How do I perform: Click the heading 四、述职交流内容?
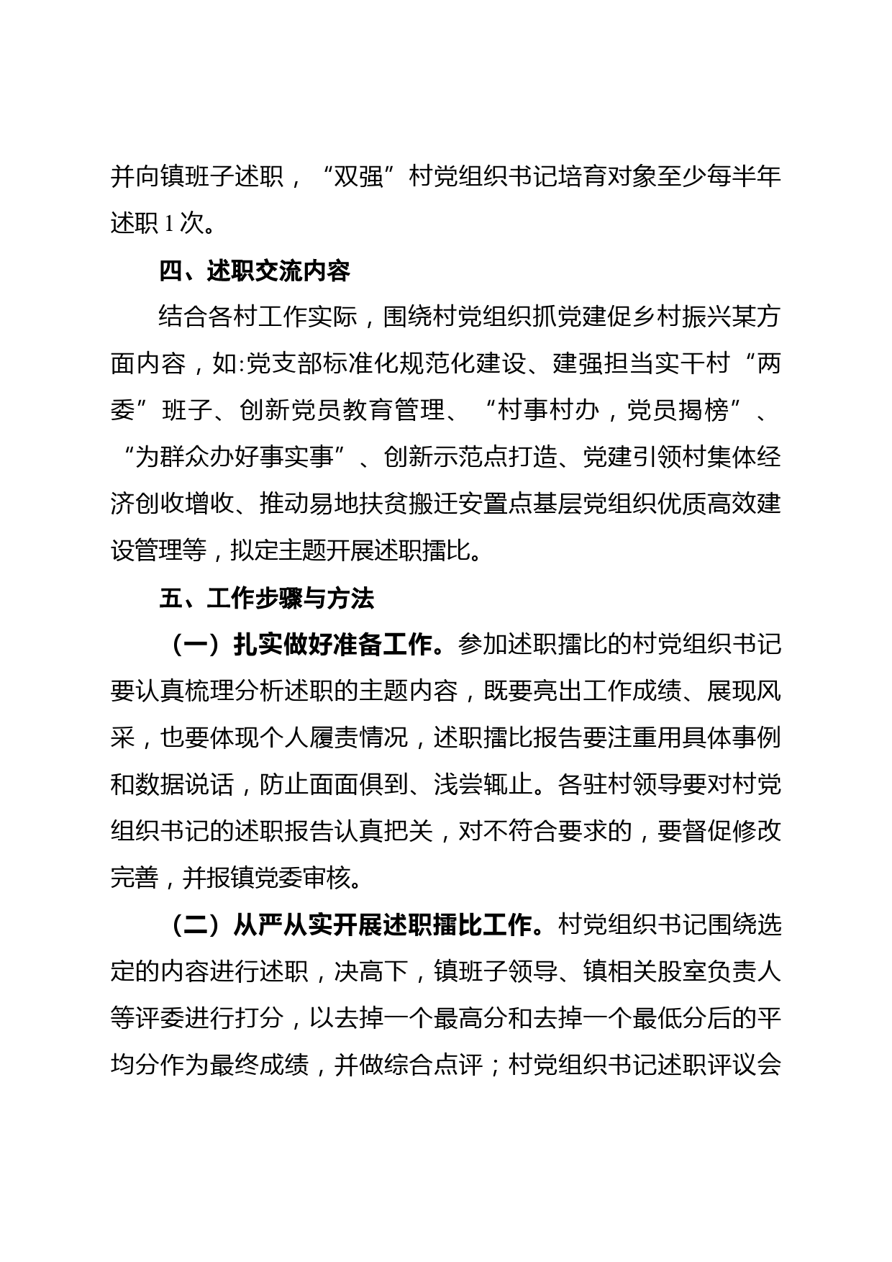click(255, 271)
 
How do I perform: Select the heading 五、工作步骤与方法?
click(267, 599)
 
